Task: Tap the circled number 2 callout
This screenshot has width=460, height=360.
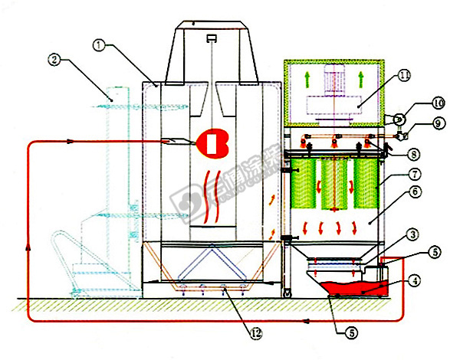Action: (53, 57)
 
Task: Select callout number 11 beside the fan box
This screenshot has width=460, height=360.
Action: (405, 76)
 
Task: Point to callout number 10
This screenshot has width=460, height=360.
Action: (415, 102)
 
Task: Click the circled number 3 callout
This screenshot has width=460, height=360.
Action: (391, 233)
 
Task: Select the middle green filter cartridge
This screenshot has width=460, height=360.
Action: (334, 183)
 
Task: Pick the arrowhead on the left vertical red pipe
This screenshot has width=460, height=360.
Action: (28, 245)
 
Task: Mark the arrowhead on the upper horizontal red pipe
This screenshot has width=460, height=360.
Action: (71, 141)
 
